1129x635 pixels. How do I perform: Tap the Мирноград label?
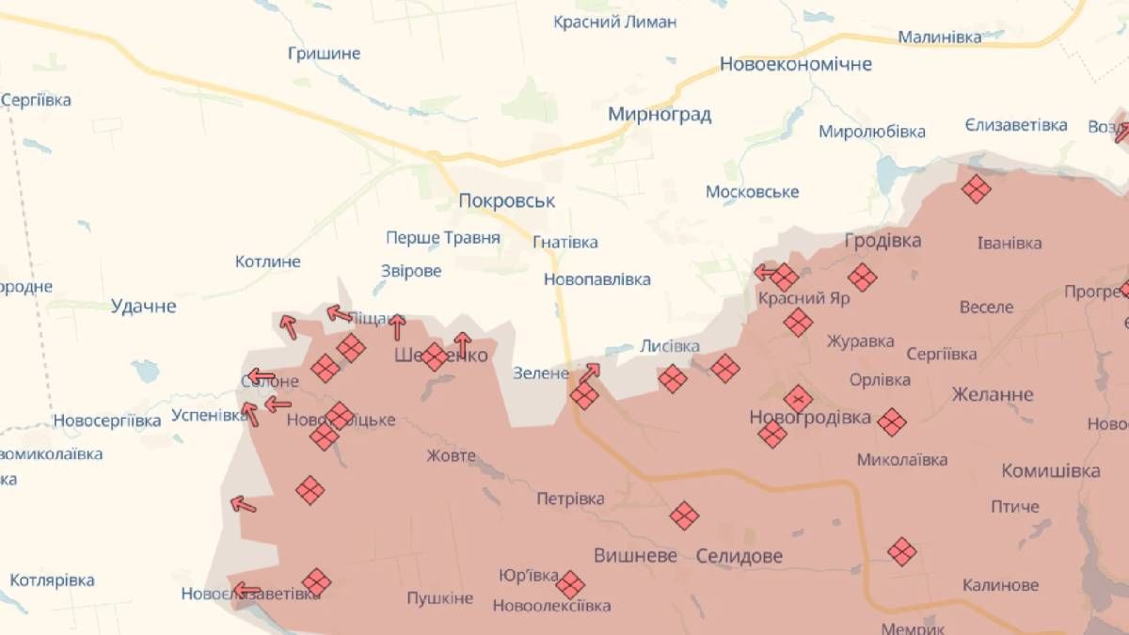(x=660, y=115)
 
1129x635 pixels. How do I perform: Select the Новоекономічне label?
(x=795, y=64)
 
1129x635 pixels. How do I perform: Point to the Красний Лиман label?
(x=614, y=22)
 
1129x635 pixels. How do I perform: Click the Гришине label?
(x=324, y=53)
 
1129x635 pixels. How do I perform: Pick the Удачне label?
(x=143, y=306)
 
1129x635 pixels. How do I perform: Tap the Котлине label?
(x=267, y=262)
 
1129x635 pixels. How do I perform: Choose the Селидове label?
(x=739, y=556)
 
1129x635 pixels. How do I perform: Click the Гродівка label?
(x=883, y=240)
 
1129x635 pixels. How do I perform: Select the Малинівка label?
(x=939, y=37)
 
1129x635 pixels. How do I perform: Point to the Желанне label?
(x=992, y=394)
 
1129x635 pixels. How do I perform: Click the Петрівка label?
(x=570, y=499)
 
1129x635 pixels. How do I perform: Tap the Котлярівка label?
(x=52, y=580)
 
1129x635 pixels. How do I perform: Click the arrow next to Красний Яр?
(x=764, y=273)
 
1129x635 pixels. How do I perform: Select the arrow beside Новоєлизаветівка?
(x=246, y=591)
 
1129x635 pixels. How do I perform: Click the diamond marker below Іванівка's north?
(x=977, y=190)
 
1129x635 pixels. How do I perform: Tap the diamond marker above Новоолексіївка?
(x=569, y=584)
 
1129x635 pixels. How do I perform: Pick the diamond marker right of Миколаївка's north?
(x=891, y=421)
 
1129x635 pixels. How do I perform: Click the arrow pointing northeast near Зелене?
(x=590, y=373)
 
